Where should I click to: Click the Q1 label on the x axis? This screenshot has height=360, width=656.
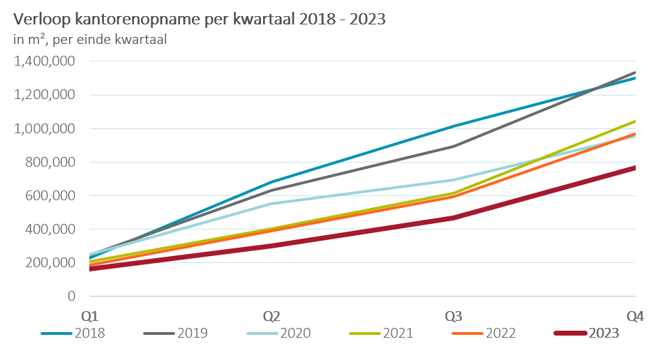(89, 316)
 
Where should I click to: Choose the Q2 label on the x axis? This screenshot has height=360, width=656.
(271, 316)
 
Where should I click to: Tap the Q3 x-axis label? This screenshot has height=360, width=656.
(454, 316)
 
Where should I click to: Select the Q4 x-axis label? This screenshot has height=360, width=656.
(634, 316)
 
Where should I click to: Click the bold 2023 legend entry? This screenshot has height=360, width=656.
(602, 333)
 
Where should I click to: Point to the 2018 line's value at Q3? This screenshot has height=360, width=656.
(454, 126)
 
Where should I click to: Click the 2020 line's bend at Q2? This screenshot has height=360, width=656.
(271, 204)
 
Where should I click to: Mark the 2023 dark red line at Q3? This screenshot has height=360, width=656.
(454, 218)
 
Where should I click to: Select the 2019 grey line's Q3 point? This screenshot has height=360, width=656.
(454, 147)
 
